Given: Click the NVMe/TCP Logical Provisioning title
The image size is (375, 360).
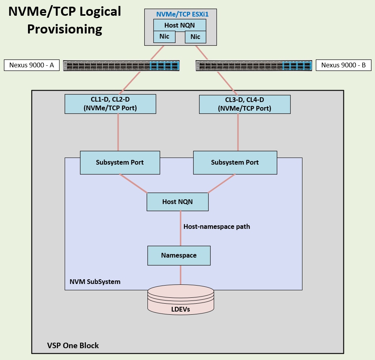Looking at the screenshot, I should click(65, 20).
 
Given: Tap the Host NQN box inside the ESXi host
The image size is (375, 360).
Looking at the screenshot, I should click(180, 25).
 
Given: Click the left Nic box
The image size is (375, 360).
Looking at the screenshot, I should click(164, 37).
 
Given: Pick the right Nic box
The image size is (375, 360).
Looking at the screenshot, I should click(195, 37).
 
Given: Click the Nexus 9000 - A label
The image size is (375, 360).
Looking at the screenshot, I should click(32, 65).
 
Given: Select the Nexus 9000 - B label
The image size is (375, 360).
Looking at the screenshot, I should click(343, 65).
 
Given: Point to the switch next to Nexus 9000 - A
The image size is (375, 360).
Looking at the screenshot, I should click(121, 66).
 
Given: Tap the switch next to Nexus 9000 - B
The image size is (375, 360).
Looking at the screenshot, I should click(254, 66).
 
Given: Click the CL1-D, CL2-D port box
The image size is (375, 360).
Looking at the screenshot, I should click(110, 104).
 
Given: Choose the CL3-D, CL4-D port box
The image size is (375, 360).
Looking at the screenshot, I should click(244, 104).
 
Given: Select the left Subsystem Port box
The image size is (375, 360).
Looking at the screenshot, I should click(120, 162).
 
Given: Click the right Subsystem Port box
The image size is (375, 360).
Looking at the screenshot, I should click(235, 162).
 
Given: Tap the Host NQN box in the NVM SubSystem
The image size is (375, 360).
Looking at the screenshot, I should click(177, 202).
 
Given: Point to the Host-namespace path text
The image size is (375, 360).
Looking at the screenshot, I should click(216, 226).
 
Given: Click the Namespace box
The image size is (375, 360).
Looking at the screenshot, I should click(179, 255).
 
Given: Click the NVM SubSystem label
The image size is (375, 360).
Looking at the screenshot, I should click(95, 282).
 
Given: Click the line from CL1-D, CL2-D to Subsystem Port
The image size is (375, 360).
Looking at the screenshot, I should click(118, 132).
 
